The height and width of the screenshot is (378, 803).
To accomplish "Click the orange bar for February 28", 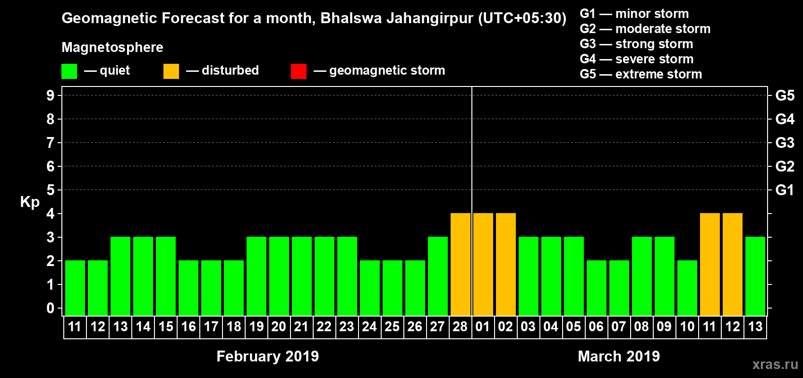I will (x=461, y=264).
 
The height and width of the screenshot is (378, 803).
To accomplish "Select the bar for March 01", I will (x=483, y=264).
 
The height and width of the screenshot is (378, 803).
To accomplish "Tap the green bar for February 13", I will (x=120, y=276).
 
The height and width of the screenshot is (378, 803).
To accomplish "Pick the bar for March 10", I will (x=687, y=288).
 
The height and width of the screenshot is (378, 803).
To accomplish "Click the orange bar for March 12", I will (x=733, y=264).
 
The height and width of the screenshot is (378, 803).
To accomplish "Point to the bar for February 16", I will (x=188, y=288).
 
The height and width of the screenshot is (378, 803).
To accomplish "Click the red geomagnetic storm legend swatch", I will (x=299, y=71).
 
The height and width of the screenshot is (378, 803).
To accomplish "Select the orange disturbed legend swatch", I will (x=171, y=71).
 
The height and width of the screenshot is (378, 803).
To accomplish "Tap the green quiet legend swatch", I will (x=69, y=71).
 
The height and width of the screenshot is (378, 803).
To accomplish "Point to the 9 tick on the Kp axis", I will (x=51, y=95).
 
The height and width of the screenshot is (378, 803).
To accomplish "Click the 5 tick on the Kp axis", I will (x=51, y=190).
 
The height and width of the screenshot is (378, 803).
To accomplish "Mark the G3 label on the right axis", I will (x=785, y=143).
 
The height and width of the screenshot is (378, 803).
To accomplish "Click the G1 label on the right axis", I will (x=785, y=190).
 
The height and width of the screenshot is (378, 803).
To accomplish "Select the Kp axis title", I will (x=30, y=202).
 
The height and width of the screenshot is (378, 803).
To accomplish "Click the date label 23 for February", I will (x=347, y=326).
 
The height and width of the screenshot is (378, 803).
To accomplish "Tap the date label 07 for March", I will (x=619, y=326).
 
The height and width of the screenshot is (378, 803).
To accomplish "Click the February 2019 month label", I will (x=267, y=356).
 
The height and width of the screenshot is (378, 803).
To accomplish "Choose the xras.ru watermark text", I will (x=775, y=364).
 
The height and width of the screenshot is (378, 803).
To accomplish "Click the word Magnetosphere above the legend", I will (x=112, y=47).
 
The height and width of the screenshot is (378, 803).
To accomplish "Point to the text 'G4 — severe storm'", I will (x=636, y=59).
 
